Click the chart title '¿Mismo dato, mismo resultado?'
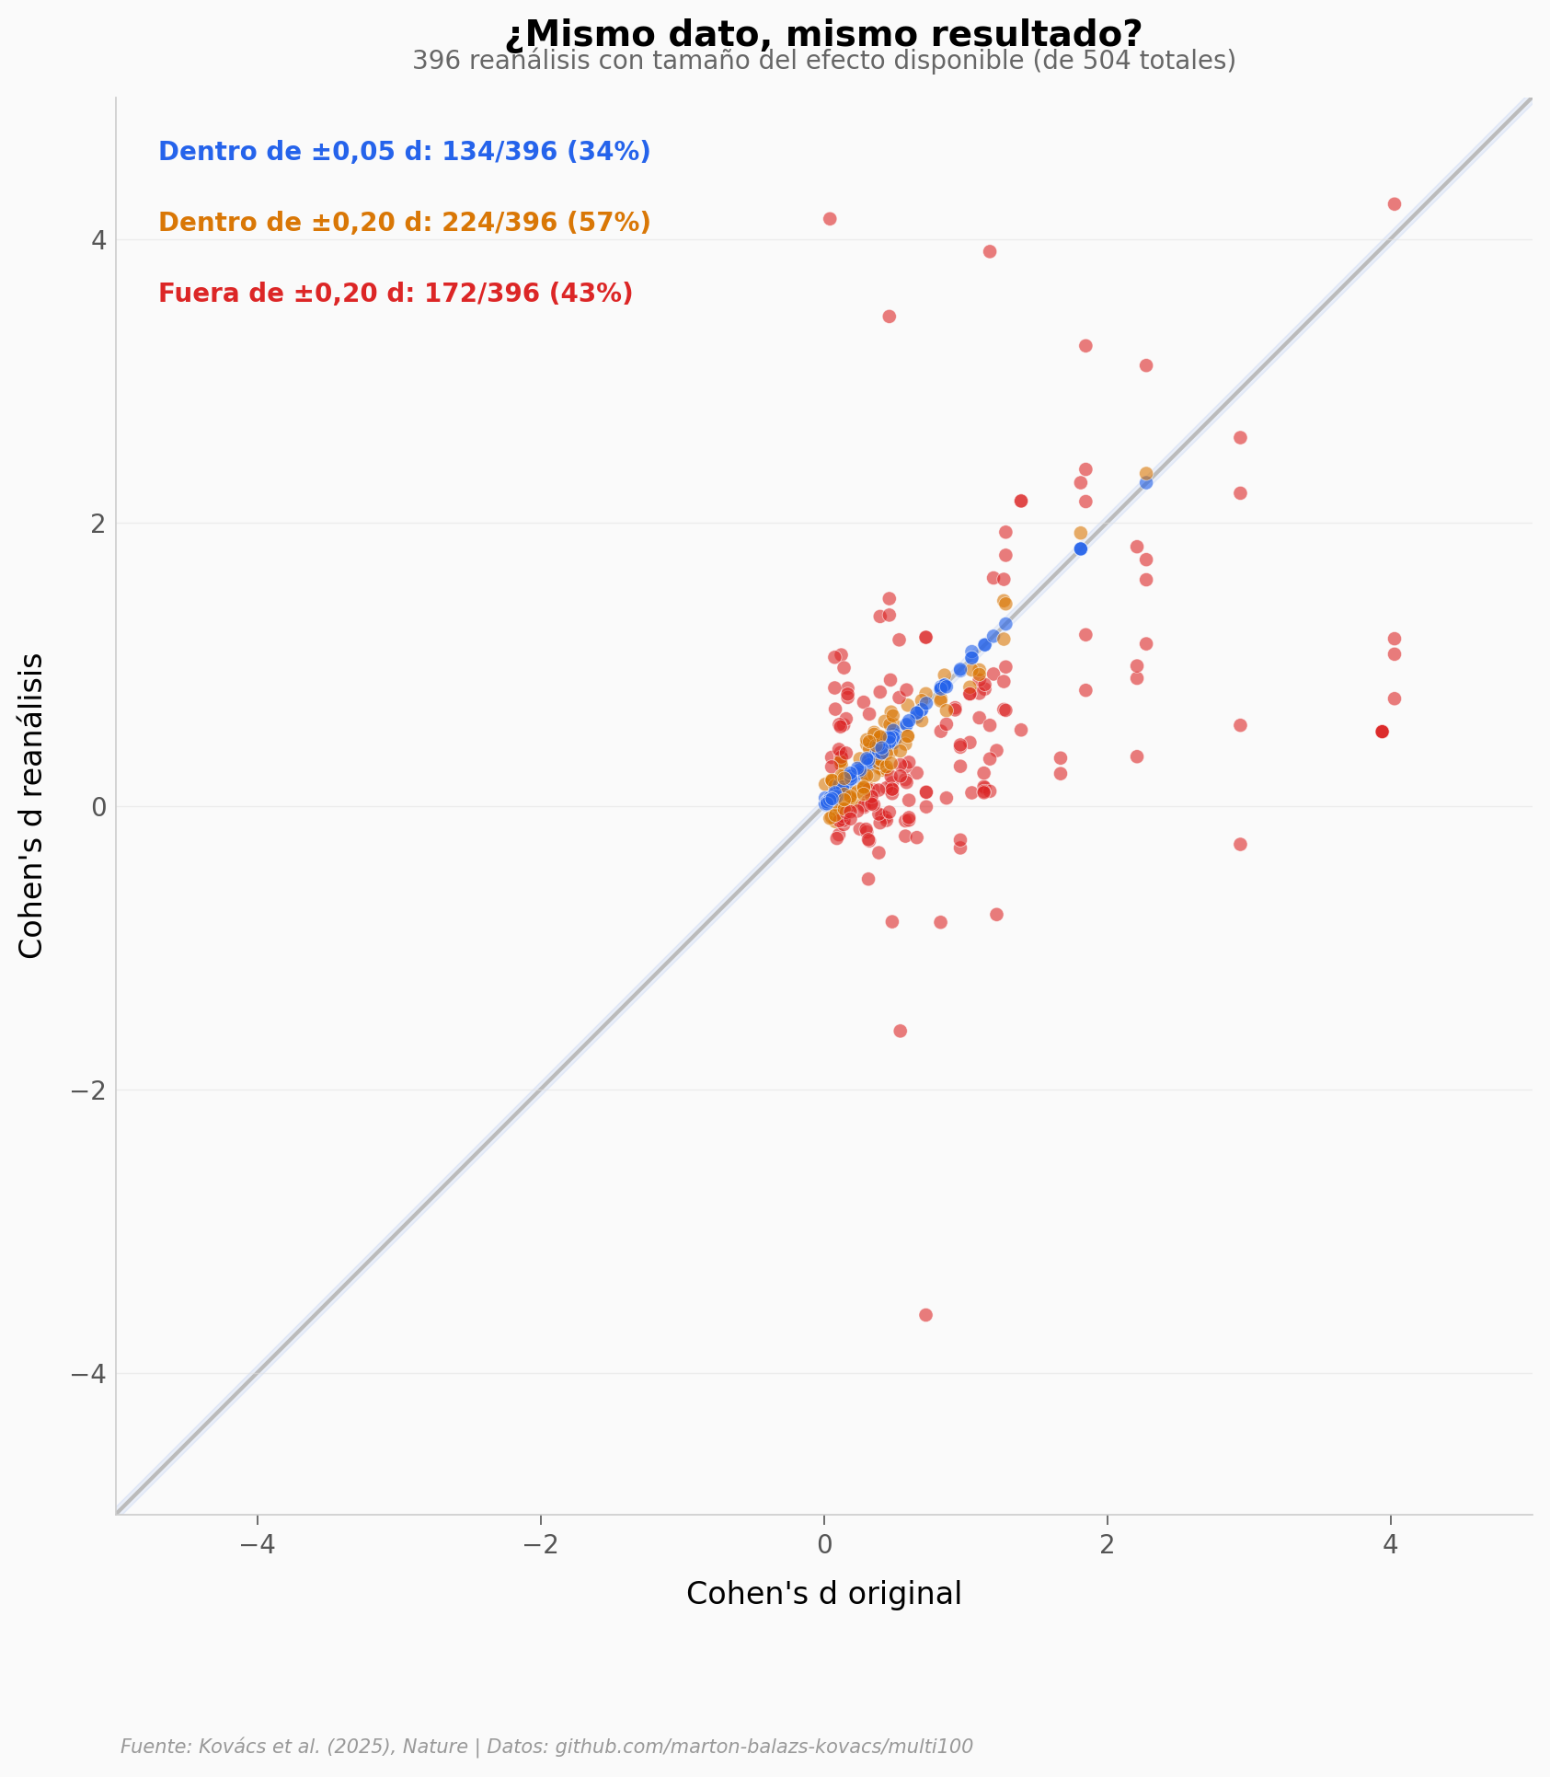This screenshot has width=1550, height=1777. point(823,35)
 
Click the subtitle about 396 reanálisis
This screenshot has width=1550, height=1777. point(823,61)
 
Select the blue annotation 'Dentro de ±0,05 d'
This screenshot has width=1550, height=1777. point(404,152)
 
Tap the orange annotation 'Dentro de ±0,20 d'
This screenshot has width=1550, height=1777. point(404,223)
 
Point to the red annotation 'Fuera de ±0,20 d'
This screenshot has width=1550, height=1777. point(396,294)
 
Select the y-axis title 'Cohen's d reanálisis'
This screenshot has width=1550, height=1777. point(31,805)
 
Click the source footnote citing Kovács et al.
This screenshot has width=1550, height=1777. point(546,1747)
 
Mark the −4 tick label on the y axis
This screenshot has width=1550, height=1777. point(88,1374)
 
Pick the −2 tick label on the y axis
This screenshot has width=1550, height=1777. point(88,1090)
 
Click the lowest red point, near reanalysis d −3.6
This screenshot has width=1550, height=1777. point(925,1315)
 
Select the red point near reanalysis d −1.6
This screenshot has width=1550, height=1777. point(900,1031)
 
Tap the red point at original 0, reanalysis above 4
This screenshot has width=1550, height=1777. point(830,219)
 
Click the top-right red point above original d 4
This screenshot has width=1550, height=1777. point(1394,204)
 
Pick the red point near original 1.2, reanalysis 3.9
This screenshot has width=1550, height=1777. point(990,251)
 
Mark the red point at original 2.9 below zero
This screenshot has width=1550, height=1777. point(1240,844)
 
